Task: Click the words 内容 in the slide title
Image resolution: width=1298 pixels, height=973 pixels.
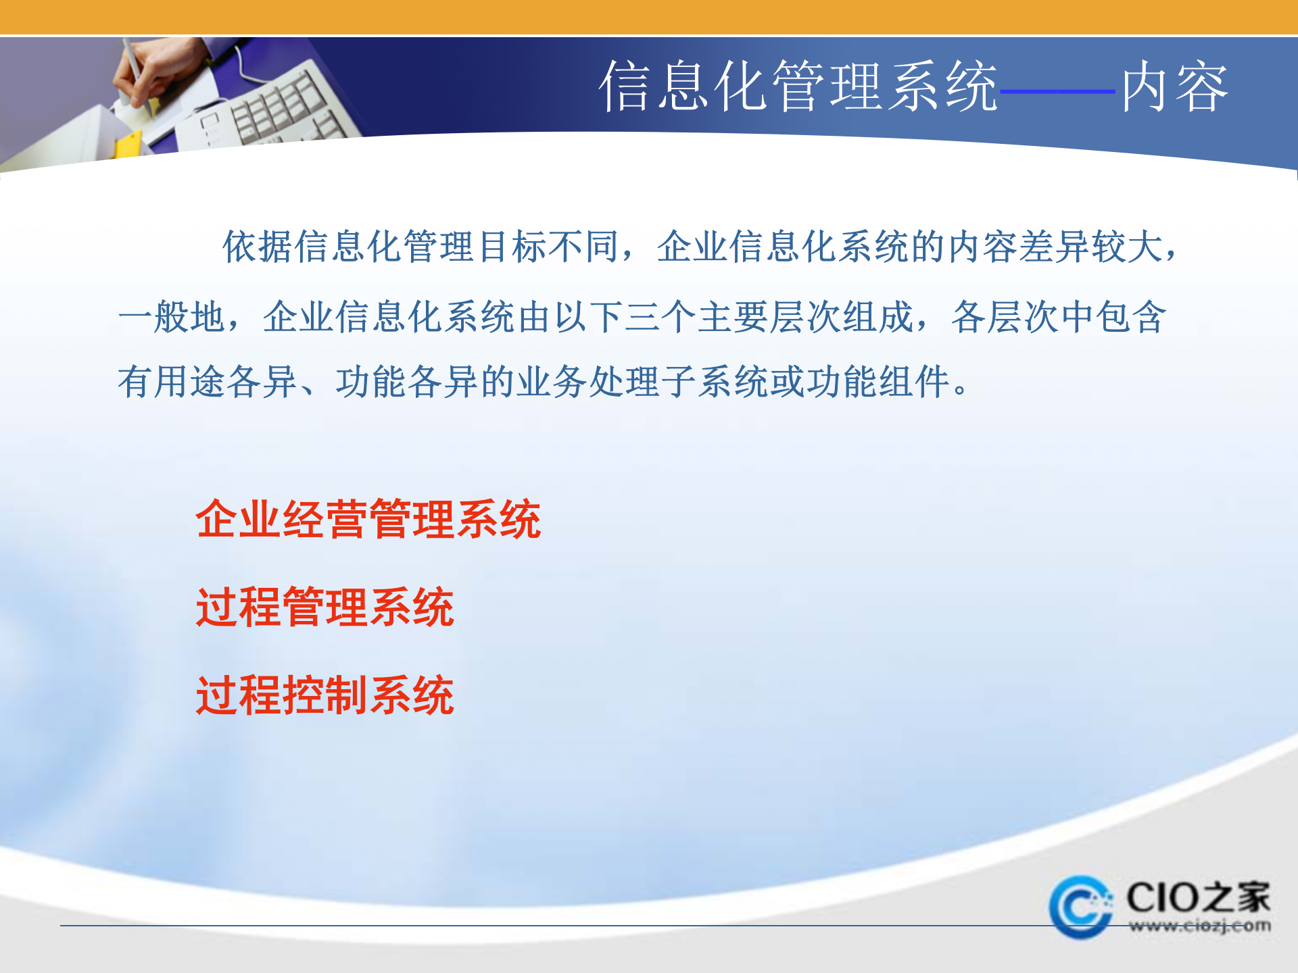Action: tap(1175, 86)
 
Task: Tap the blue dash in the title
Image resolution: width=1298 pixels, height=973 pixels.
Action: tap(1057, 91)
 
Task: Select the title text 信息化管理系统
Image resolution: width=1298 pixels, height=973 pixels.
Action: tap(798, 86)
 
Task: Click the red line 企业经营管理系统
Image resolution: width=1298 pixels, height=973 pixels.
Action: tap(368, 520)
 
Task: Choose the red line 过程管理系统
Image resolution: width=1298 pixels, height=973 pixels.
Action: tap(324, 607)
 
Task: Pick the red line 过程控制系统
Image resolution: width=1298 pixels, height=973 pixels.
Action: tap(324, 695)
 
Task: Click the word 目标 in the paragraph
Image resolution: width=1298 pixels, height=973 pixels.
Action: tap(512, 247)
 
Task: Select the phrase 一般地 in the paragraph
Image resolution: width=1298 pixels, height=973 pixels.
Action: tap(172, 317)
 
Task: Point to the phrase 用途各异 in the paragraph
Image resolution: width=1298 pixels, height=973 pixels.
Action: tap(226, 382)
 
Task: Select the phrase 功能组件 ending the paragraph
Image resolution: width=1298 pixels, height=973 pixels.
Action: tap(879, 382)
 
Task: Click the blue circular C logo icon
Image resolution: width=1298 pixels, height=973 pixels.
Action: tap(1080, 907)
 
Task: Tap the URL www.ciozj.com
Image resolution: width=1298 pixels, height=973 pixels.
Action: tap(1199, 926)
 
